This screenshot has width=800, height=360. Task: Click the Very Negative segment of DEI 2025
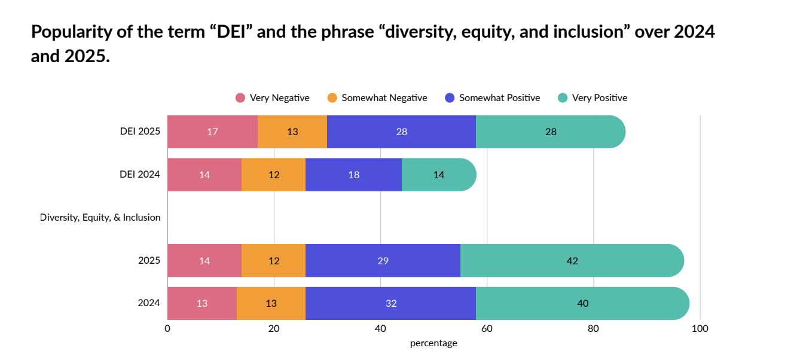[x=212, y=132]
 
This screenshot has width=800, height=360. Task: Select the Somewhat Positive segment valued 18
[x=353, y=175]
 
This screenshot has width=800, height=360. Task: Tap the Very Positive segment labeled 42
[x=572, y=261]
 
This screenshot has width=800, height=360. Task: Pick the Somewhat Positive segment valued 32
[x=390, y=303]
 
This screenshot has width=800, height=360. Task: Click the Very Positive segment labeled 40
[x=583, y=303]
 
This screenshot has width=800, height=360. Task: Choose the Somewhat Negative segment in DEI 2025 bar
[x=292, y=132]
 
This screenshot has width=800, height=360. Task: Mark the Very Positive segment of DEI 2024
[x=439, y=175]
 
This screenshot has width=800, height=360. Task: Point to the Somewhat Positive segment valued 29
[x=383, y=261]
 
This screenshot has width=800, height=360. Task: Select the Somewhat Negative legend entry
[x=377, y=97]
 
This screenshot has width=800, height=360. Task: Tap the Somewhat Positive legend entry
[x=493, y=97]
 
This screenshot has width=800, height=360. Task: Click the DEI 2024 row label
[x=140, y=175]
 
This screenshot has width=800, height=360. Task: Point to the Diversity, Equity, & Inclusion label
[x=100, y=217]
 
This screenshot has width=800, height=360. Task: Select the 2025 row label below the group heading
[x=149, y=261]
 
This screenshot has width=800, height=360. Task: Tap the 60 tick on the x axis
[x=487, y=328]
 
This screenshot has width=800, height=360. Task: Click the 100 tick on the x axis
[x=700, y=328]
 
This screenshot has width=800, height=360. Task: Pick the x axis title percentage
[x=433, y=343]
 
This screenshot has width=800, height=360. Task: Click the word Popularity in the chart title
[x=71, y=32]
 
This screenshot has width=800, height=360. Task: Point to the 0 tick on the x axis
[x=167, y=328]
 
